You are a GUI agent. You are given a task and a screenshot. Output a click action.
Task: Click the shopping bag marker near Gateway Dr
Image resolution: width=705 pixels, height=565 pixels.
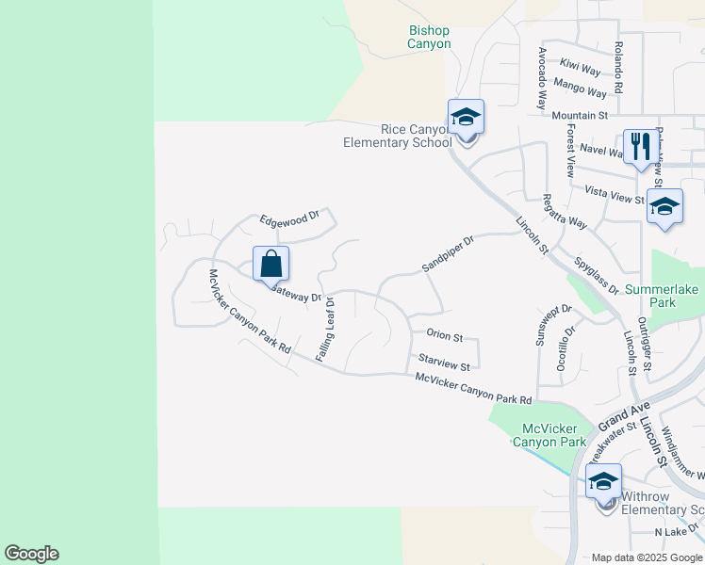tap(271, 264)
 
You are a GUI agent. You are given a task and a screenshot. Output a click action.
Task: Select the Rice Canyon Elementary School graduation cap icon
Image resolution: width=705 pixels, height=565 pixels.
tap(466, 119)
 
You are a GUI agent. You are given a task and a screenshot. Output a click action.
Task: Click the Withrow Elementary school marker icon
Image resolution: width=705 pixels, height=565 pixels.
tap(603, 482)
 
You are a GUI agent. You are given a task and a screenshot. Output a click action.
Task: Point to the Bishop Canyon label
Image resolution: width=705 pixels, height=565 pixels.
tap(430, 37)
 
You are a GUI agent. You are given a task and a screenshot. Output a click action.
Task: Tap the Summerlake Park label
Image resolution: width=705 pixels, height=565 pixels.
tap(664, 296)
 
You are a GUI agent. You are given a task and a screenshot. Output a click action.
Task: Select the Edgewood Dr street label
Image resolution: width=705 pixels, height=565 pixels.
tap(291, 218)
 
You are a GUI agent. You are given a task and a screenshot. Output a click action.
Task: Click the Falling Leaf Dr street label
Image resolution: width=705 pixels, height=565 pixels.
tap(325, 328)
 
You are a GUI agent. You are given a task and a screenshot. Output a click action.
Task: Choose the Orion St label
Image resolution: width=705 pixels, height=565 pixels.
tap(444, 335)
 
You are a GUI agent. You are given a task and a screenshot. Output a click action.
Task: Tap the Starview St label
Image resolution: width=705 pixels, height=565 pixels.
tap(444, 363)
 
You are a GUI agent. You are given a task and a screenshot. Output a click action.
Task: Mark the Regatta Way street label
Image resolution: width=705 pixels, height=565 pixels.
tap(565, 211)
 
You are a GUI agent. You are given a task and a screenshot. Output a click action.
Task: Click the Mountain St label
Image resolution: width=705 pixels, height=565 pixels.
tap(580, 115)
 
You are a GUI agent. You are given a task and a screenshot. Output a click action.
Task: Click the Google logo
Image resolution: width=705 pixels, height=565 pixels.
tap(31, 554)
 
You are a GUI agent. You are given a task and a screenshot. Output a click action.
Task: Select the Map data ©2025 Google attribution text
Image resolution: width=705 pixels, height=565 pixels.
tap(647, 557)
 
